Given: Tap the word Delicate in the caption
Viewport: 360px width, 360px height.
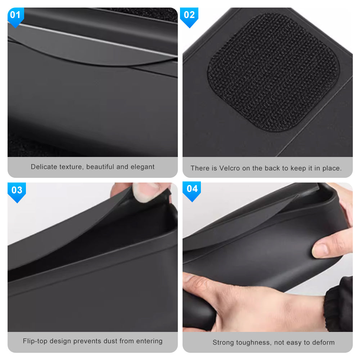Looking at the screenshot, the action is click(44, 167).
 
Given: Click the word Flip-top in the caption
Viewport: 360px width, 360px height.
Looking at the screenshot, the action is click(35, 341).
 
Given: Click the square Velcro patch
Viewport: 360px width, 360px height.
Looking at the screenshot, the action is click(273, 72).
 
